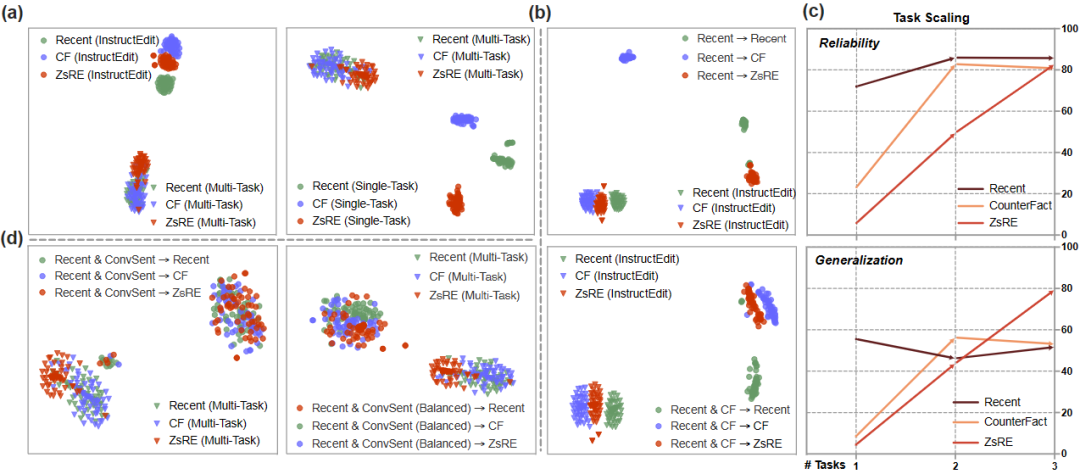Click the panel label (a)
(16, 14)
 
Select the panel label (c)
(817, 14)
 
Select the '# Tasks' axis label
(826, 465)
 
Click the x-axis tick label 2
(954, 465)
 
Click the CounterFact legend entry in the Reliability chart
(1019, 204)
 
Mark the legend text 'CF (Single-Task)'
(355, 203)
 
